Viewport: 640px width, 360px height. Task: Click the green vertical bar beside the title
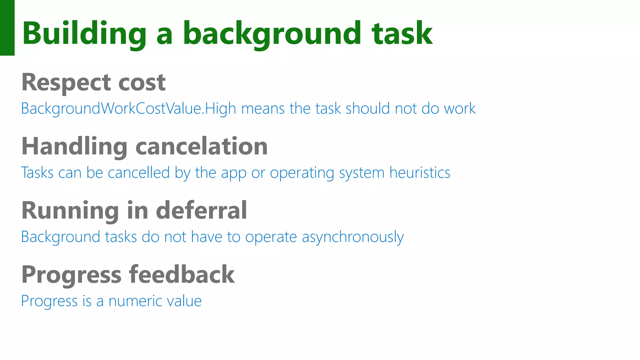click(x=7, y=27)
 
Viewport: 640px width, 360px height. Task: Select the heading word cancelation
click(x=202, y=146)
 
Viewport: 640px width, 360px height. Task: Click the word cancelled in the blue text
click(x=139, y=173)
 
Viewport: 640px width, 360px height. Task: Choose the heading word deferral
click(x=202, y=211)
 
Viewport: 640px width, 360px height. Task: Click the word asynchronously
click(x=353, y=237)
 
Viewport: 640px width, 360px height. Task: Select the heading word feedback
click(x=182, y=275)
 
